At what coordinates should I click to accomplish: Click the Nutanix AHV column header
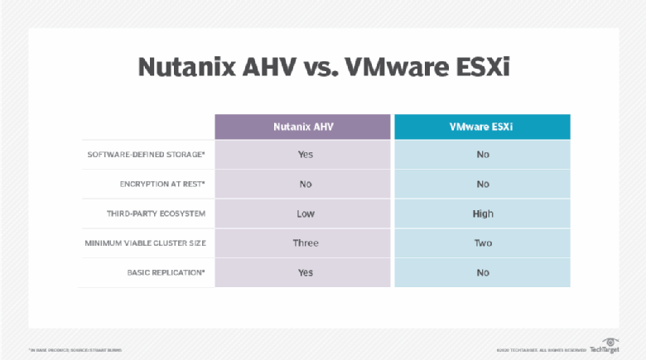tap(304, 127)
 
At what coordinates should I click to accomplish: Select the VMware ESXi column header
tap(482, 127)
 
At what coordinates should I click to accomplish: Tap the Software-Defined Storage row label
tap(147, 155)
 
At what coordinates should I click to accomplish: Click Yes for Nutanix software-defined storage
tap(305, 155)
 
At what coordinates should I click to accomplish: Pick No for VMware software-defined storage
tap(483, 155)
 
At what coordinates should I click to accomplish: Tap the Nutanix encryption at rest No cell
tap(305, 185)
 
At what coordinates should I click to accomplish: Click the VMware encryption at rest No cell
tap(483, 185)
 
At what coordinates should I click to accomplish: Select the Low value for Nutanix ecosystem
tap(305, 214)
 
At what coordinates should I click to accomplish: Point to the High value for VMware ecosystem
tap(483, 214)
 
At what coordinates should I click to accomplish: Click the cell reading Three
tap(305, 243)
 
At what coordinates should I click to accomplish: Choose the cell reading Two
tap(483, 243)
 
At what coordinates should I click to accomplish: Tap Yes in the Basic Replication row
tap(305, 272)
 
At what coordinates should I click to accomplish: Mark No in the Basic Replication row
tap(483, 272)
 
